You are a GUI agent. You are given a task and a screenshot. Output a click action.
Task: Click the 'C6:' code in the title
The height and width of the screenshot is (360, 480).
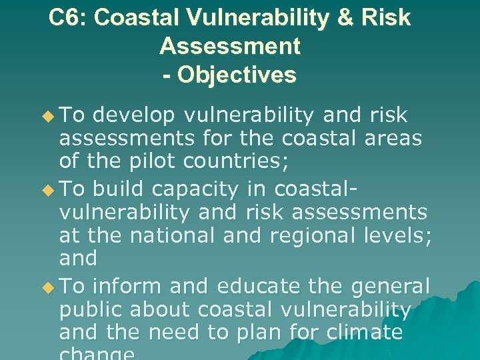point(69,18)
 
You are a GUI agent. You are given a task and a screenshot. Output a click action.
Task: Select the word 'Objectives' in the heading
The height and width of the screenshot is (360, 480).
point(237,75)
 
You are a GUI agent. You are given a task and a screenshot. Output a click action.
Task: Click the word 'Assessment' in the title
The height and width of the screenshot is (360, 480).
point(230,47)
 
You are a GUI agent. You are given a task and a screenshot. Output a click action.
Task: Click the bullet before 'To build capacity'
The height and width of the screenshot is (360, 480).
point(46,190)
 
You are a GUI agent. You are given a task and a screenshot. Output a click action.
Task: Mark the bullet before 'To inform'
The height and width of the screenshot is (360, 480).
point(46,287)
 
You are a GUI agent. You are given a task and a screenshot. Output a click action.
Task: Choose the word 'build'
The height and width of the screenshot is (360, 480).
point(118,189)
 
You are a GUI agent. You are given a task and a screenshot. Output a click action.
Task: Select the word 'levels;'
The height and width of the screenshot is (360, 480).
point(399,235)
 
